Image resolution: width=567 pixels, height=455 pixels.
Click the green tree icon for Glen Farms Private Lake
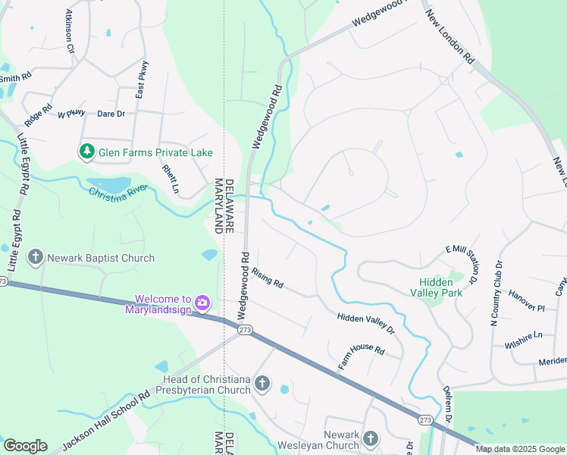point(87,152)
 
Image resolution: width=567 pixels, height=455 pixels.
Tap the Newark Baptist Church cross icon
point(35,258)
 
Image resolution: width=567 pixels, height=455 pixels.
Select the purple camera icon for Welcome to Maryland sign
point(202,303)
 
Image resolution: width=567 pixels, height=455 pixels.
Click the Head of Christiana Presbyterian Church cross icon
point(262,384)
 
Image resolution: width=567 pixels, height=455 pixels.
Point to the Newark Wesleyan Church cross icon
point(370,438)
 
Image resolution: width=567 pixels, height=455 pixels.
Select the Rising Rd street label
point(268,278)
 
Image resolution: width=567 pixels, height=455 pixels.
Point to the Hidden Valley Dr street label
point(366,324)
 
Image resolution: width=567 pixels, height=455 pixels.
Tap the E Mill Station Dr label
point(464,264)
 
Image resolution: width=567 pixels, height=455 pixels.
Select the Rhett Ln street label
point(171,177)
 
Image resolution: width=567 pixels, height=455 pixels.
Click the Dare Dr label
point(111,114)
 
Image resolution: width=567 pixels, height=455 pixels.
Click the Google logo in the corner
point(25,446)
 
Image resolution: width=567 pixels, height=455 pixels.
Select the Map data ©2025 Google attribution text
point(519,449)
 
